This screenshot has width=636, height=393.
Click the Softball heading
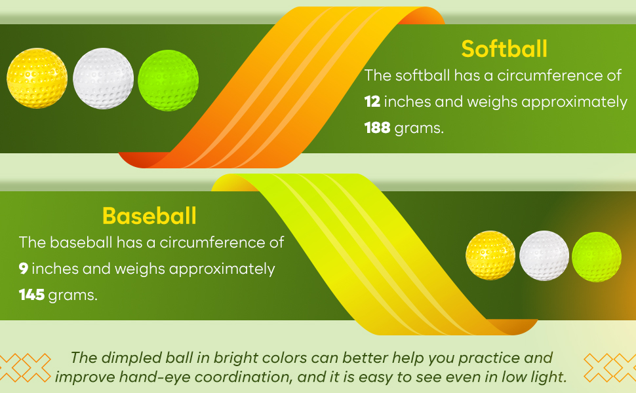pyautogui.click(x=504, y=48)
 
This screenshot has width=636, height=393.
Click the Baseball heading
pyautogui.click(x=149, y=215)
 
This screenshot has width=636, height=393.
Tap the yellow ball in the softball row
pyautogui.click(x=37, y=78)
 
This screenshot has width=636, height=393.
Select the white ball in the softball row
pyautogui.click(x=104, y=79)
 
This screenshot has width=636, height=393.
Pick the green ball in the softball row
pyautogui.click(x=169, y=80)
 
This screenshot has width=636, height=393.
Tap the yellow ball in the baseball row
pyautogui.click(x=490, y=255)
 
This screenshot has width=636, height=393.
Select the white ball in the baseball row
pyautogui.click(x=544, y=255)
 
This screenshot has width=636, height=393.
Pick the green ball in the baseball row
pyautogui.click(x=597, y=257)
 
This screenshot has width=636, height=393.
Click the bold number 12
pyautogui.click(x=372, y=102)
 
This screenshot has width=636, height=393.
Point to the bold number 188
pyautogui.click(x=377, y=128)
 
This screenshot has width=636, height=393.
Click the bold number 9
pyautogui.click(x=23, y=269)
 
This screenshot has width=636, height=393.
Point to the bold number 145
pyautogui.click(x=31, y=295)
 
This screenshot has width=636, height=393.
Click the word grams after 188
pyautogui.click(x=419, y=129)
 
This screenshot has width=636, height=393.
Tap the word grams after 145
pyautogui.click(x=73, y=296)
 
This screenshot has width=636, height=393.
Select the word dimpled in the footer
pyautogui.click(x=131, y=358)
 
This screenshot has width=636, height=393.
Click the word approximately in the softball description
pyautogui.click(x=574, y=102)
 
